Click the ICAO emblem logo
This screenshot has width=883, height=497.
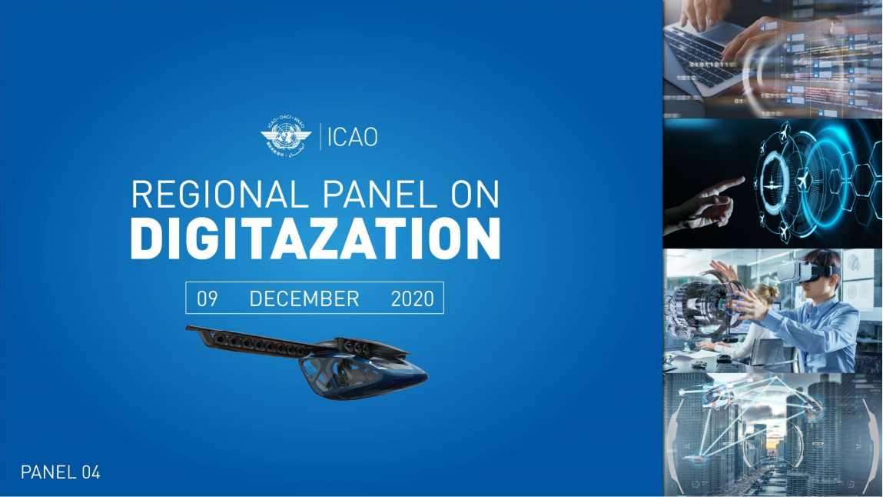pyautogui.click(x=286, y=136)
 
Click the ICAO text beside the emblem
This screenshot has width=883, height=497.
pyautogui.click(x=353, y=138)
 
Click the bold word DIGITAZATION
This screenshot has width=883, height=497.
pyautogui.click(x=315, y=238)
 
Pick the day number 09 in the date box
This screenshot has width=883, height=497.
pyautogui.click(x=207, y=299)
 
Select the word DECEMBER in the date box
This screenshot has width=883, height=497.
pyautogui.click(x=304, y=299)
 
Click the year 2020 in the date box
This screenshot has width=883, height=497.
pyautogui.click(x=412, y=299)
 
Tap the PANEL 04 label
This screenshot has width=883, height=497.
pyautogui.click(x=60, y=472)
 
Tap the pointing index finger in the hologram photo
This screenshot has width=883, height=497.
pyautogui.click(x=726, y=186)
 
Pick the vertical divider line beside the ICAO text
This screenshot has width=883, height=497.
pyautogui.click(x=320, y=136)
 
